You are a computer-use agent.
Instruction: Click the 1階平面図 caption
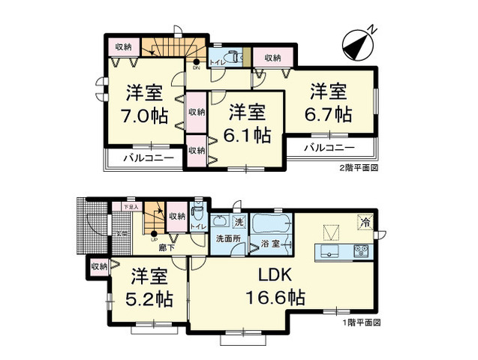pos(362,322)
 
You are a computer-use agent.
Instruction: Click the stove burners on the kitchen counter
pos(359,250)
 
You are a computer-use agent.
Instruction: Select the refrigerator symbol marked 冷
pos(363,222)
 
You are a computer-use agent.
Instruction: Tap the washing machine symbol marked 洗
pos(238,221)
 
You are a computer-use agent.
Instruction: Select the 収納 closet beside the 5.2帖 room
pos(98,265)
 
